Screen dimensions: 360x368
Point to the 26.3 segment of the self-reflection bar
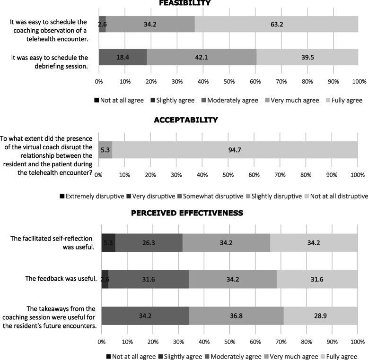coord(149,243)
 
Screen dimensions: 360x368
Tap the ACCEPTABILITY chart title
coord(186,120)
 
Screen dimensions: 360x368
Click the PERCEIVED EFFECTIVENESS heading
coord(186,213)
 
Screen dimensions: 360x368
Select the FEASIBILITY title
coord(184,3)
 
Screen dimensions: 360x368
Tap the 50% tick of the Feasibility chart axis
coord(228,82)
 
